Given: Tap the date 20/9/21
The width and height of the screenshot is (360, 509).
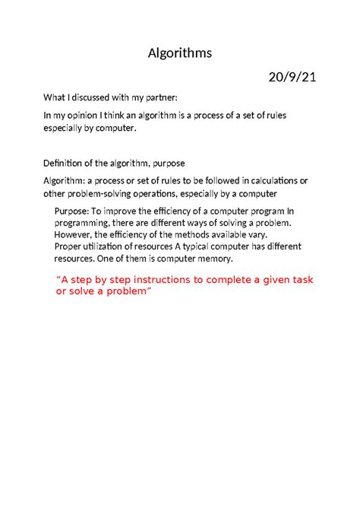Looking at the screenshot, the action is click(x=291, y=78).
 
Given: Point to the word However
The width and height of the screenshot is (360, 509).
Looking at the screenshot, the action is click(x=74, y=234).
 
